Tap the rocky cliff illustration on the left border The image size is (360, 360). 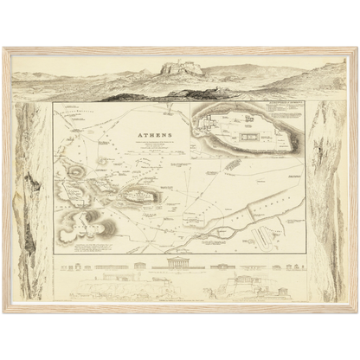tap(32, 199)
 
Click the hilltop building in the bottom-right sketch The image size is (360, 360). tap(234, 281)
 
